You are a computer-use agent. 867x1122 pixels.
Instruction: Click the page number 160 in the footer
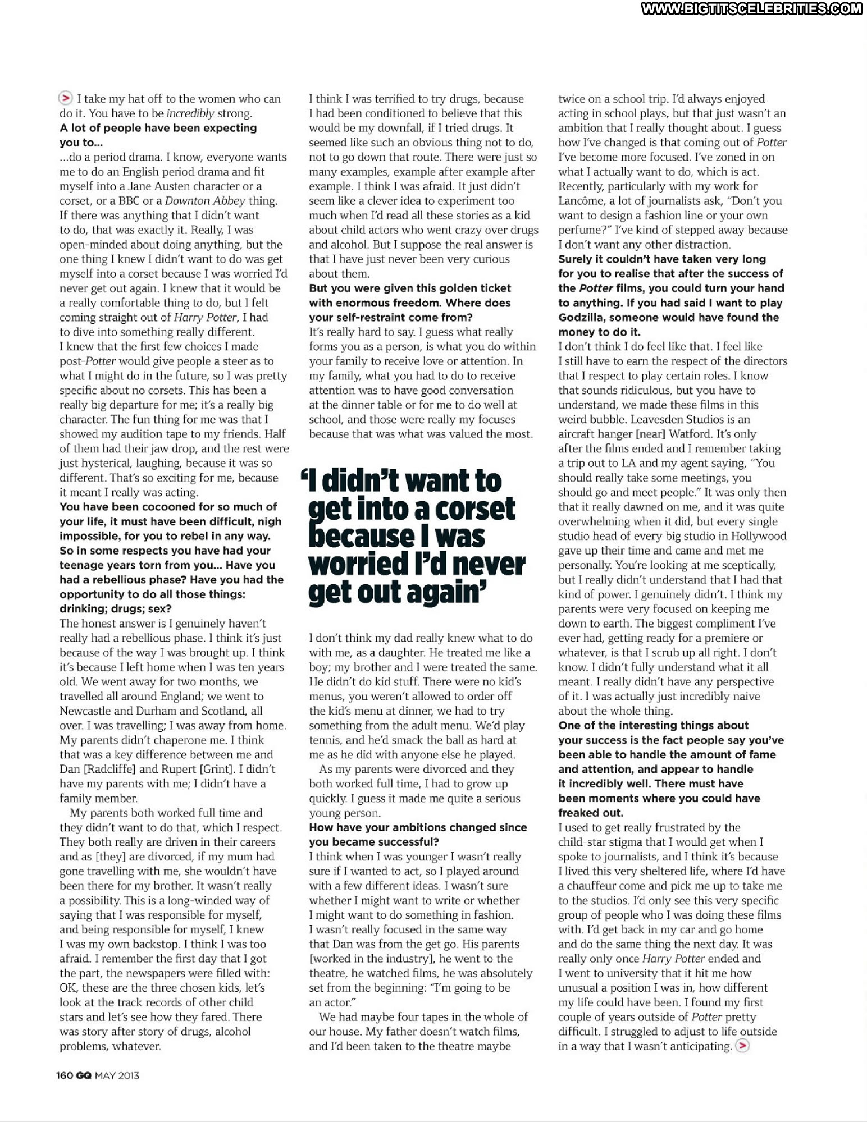click(x=65, y=1075)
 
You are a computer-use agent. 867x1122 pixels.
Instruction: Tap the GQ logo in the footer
click(x=84, y=1075)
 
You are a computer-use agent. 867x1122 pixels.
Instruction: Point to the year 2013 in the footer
click(x=129, y=1075)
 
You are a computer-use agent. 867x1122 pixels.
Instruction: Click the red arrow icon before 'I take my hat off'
click(x=66, y=98)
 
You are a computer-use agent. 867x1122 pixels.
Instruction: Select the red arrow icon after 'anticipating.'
click(x=742, y=1046)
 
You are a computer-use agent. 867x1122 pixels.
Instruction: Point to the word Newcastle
click(x=85, y=711)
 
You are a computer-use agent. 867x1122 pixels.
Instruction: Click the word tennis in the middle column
click(x=325, y=740)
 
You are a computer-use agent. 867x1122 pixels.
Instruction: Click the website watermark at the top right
click(x=751, y=8)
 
